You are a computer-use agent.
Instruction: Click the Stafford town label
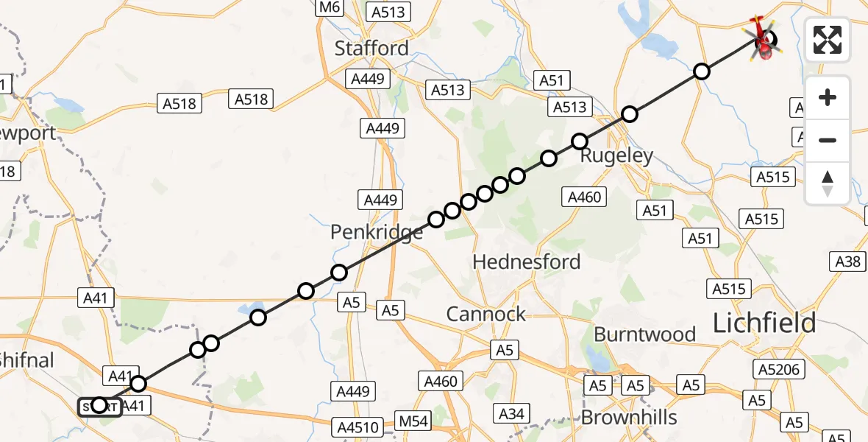371,49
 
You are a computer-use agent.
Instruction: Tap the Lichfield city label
764,323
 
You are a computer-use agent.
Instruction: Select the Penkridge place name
376,233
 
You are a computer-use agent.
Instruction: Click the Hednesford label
526,262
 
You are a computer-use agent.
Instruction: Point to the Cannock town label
486,315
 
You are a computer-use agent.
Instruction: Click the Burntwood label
644,334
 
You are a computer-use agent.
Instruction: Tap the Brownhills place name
629,418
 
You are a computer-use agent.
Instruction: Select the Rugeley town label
616,156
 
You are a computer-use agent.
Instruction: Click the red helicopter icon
764,38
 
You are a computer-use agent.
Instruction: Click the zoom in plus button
828,97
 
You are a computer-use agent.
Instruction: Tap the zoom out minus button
828,140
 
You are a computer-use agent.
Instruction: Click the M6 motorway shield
328,7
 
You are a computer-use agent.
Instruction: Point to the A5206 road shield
780,370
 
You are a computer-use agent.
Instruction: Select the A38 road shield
848,261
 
